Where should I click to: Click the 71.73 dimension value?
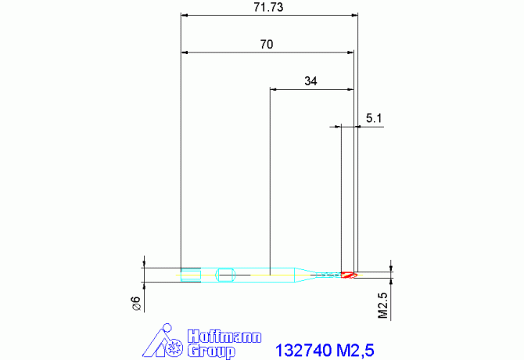pyautogui.click(x=269, y=6)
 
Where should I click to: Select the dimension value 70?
pyautogui.click(x=266, y=45)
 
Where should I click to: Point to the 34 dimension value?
pyautogui.click(x=310, y=81)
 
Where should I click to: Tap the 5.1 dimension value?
pyautogui.click(x=373, y=119)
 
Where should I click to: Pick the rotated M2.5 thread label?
pyautogui.click(x=383, y=305)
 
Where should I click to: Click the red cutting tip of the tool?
pyautogui.click(x=348, y=275)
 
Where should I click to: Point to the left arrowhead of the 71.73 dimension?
pyautogui.click(x=185, y=14)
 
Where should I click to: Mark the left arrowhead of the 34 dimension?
pyautogui.click(x=273, y=89)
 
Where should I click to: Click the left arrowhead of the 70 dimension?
pyautogui.click(x=185, y=52)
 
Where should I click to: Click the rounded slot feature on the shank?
pyautogui.click(x=227, y=275)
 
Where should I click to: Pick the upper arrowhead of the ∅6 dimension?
pyautogui.click(x=145, y=264)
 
